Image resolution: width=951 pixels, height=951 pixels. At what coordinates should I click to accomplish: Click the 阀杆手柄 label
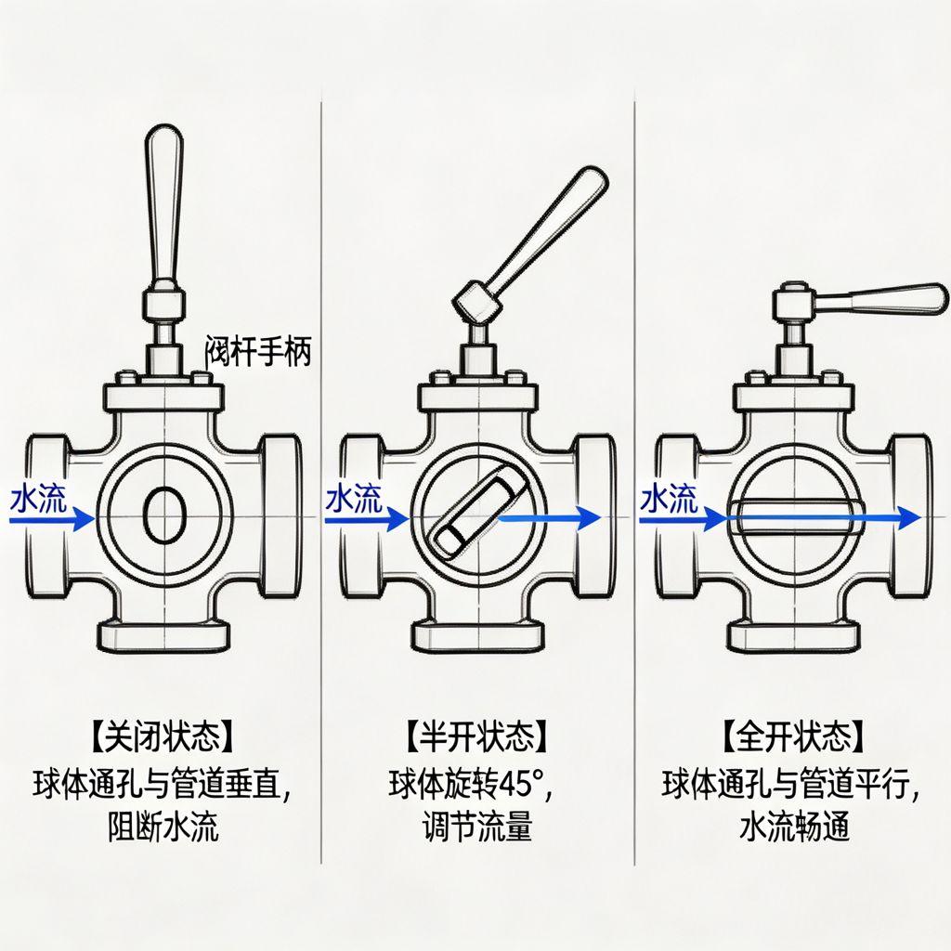pyautogui.click(x=256, y=353)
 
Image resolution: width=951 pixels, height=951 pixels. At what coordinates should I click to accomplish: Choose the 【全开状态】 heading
pyautogui.click(x=793, y=738)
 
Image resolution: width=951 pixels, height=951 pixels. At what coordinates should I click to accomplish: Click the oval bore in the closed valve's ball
pyautogui.click(x=164, y=518)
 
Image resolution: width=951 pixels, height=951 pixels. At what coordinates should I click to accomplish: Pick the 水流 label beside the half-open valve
pyautogui.click(x=354, y=500)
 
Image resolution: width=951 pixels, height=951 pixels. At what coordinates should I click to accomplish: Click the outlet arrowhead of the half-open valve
pyautogui.click(x=588, y=518)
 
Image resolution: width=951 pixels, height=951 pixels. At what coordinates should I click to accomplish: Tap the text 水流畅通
pyautogui.click(x=793, y=826)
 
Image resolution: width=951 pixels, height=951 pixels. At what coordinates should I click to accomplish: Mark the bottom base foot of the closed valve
pyautogui.click(x=164, y=635)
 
